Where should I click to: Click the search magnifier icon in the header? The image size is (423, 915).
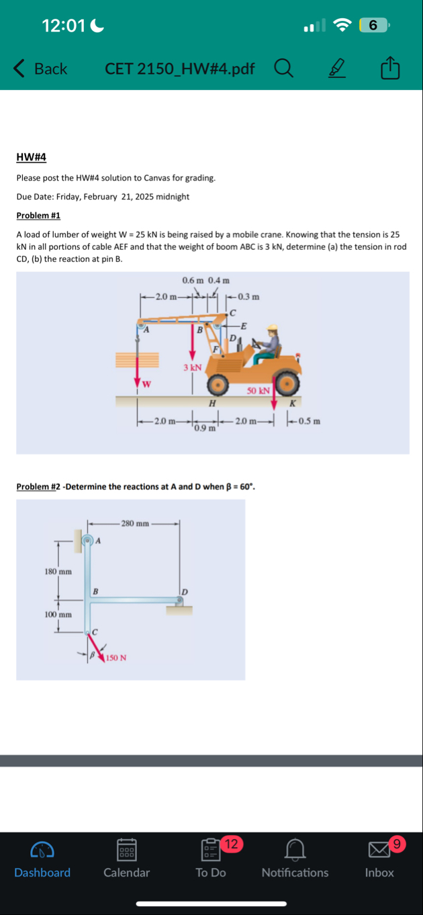coord(283,68)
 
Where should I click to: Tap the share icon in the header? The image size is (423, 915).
coord(390,69)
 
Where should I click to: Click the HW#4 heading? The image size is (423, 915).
coord(31,157)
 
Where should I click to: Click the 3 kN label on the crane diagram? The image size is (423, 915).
coord(193,367)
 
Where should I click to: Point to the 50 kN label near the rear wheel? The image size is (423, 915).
coord(258,390)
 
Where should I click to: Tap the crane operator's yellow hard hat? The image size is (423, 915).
coord(272,329)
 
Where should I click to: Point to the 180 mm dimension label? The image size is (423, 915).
coord(58,571)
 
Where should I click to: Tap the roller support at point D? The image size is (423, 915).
coord(178,605)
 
